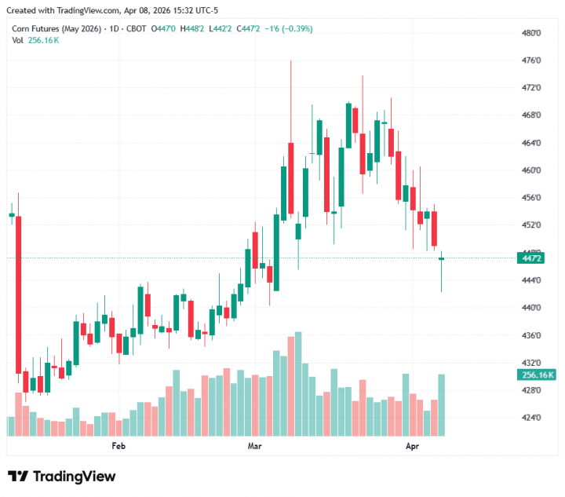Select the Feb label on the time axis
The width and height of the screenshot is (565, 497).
pos(118,446)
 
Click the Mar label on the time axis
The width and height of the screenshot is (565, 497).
pos(254,446)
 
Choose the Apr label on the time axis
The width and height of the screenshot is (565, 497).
pos(412,446)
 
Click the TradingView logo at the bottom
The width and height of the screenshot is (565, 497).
pos(62,477)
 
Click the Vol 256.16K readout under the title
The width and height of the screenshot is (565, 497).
pos(35,40)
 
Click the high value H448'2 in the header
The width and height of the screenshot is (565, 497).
pos(193,28)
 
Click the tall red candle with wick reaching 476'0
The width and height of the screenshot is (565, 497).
pos(290,177)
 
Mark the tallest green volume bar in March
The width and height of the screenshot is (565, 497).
pos(298,384)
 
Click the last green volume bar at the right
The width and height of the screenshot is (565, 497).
pos(442,404)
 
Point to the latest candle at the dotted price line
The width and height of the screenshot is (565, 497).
pos(442,259)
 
